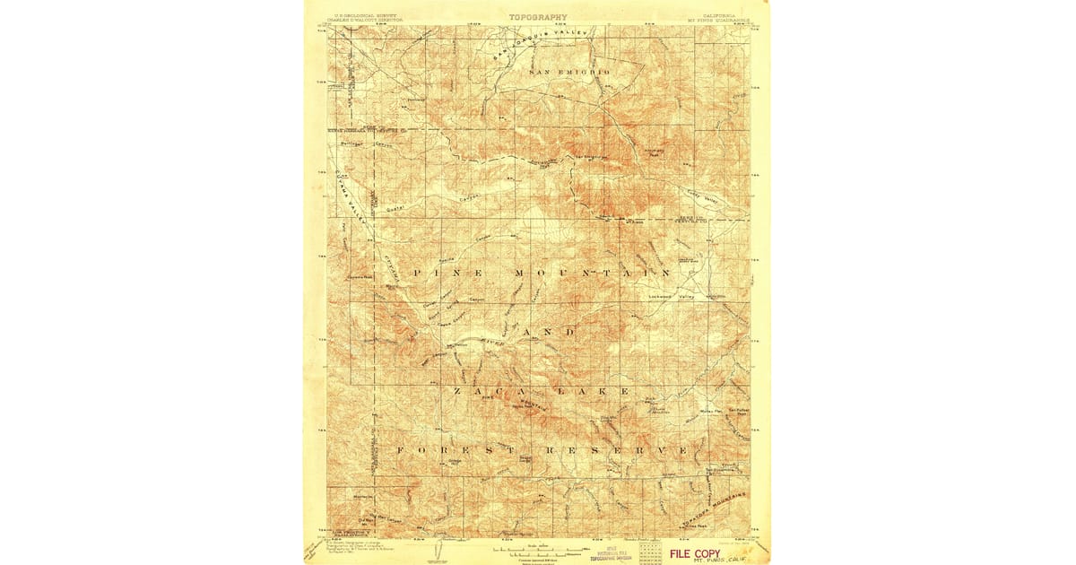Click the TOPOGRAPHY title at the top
pos(538,16)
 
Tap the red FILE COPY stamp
pos(694,553)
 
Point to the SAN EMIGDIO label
pos(569,71)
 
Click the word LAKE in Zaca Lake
pos(585,392)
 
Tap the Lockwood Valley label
pos(672,296)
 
